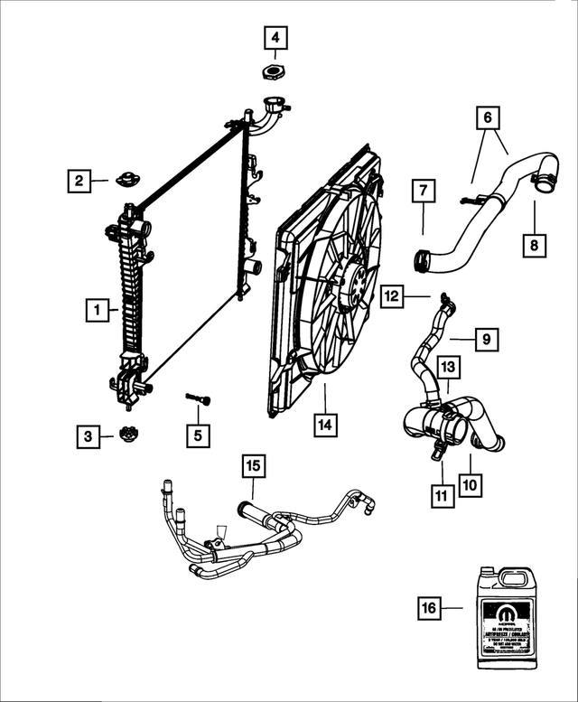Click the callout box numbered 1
click(93, 311)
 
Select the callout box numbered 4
click(276, 38)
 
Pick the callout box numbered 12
click(392, 295)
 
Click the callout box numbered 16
click(430, 608)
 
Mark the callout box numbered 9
click(485, 340)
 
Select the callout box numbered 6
click(487, 117)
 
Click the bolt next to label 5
click(198, 398)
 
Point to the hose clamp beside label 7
click(421, 259)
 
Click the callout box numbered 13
click(449, 367)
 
